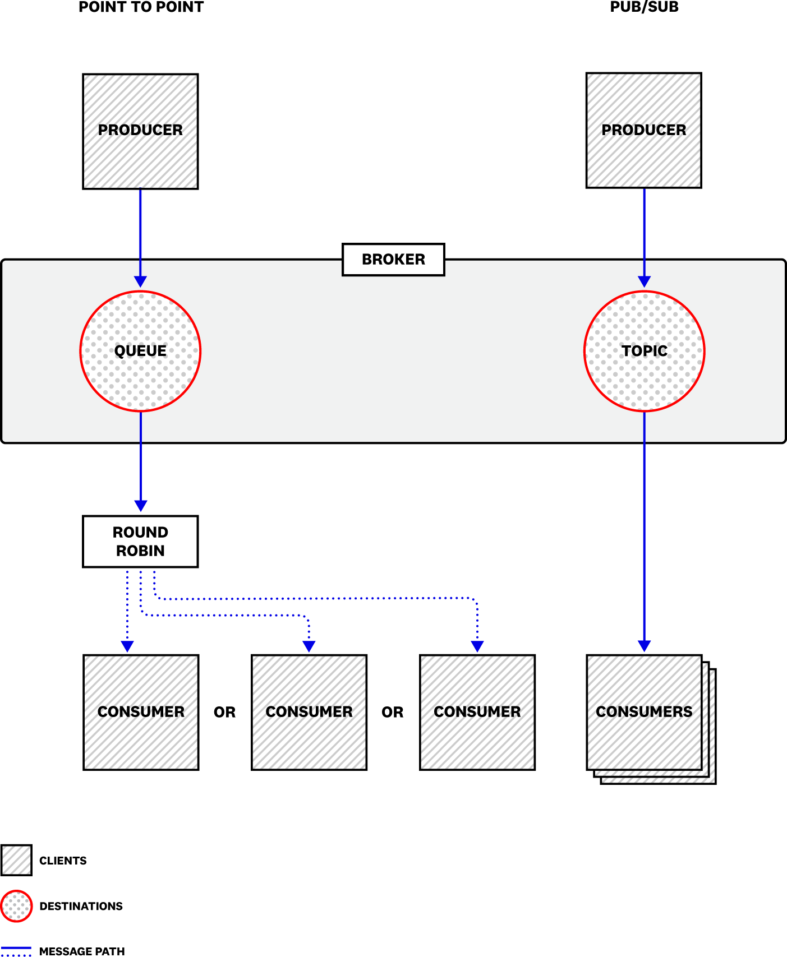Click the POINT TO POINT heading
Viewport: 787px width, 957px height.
pos(141,7)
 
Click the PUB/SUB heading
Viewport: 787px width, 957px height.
pos(644,7)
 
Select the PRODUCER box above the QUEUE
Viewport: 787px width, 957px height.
pos(140,131)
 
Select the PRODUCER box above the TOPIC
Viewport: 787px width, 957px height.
pos(643,130)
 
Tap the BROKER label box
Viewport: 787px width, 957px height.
pos(393,260)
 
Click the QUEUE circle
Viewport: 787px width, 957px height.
pos(140,351)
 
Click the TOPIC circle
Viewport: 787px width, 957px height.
pos(644,351)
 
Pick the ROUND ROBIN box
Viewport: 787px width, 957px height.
pos(140,542)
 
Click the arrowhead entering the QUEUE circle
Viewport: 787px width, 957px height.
pos(140,281)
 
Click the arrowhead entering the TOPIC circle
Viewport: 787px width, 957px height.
pos(644,281)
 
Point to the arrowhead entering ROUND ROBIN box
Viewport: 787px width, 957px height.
pos(141,505)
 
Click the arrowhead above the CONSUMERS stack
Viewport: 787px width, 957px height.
pos(644,645)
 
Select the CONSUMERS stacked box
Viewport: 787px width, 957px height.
pos(644,712)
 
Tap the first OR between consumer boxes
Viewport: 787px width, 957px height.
pos(224,712)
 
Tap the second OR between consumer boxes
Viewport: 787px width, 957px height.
pos(392,712)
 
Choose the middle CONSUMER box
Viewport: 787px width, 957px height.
pos(309,712)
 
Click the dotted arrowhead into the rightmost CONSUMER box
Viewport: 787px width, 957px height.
pos(477,646)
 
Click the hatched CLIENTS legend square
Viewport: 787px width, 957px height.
pos(16,860)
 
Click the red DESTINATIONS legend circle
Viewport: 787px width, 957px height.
pos(16,906)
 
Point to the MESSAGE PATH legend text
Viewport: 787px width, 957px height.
pos(82,951)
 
